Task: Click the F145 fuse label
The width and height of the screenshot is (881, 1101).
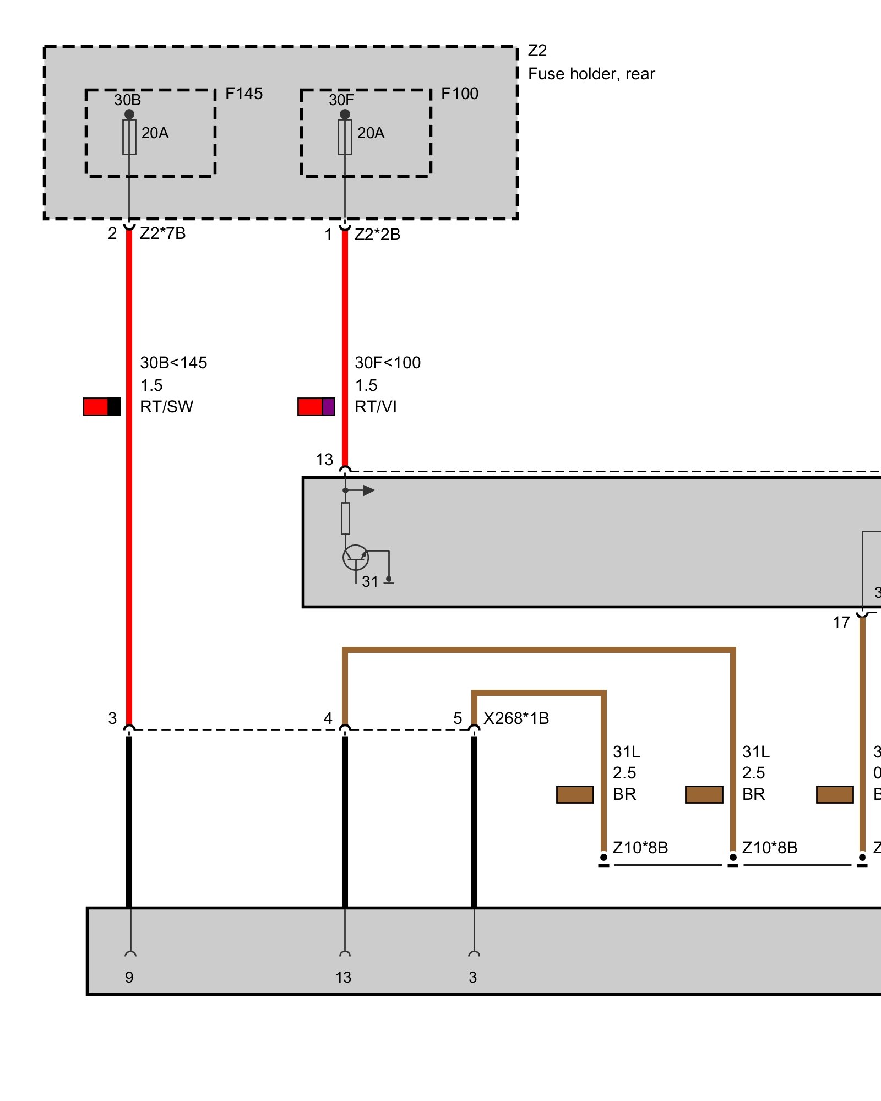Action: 244,94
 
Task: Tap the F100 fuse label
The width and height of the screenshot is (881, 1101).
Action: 460,94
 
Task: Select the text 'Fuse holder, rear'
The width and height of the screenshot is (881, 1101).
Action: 591,74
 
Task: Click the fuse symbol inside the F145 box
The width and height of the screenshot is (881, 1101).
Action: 129,137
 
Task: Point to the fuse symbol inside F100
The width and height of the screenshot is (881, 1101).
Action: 345,137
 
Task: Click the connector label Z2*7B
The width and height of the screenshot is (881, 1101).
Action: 162,233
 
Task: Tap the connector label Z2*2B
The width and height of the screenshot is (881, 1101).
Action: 377,235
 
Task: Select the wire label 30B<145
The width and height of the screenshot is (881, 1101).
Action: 173,363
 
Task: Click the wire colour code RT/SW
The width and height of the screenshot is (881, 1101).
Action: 167,407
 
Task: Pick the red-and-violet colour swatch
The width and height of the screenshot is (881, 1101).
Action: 317,407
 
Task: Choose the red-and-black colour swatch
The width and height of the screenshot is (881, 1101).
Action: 102,407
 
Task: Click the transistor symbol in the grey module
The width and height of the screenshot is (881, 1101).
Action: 356,558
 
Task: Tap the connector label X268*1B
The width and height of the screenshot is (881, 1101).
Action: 516,718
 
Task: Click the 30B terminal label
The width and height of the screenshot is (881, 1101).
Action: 128,100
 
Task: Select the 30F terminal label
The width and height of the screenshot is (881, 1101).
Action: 341,100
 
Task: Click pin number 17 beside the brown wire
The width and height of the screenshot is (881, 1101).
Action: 841,623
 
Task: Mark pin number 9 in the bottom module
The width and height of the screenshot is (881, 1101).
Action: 129,977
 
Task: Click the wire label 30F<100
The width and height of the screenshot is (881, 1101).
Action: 388,363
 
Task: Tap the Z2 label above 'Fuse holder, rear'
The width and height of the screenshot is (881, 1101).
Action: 537,51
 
